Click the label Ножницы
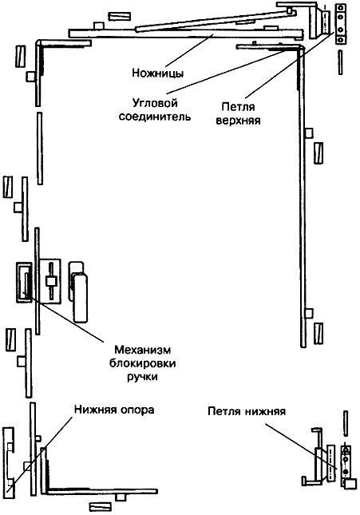pyautogui.click(x=158, y=73)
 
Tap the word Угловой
pyautogui.click(x=155, y=103)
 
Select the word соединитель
pyautogui.click(x=155, y=117)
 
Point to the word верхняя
pyautogui.click(x=238, y=121)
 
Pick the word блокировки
pyautogui.click(x=142, y=363)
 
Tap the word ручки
pyautogui.click(x=142, y=377)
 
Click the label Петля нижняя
pyautogui.click(x=247, y=411)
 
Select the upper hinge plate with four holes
pyautogui.click(x=341, y=23)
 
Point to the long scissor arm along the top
pyautogui.click(x=185, y=34)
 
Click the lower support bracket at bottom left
pyautogui.click(x=8, y=467)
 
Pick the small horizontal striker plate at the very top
pyautogui.click(x=119, y=17)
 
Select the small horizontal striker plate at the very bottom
pyautogui.click(x=100, y=507)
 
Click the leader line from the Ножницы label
pyautogui.click(x=188, y=51)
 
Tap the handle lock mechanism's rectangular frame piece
pyautogui.click(x=24, y=282)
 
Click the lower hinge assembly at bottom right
pyautogui.click(x=330, y=460)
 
